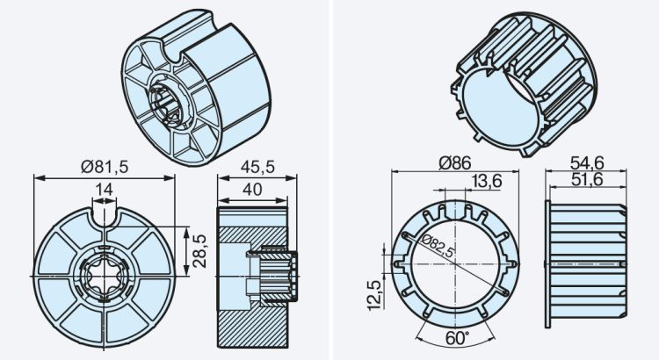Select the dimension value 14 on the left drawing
(x=105, y=188)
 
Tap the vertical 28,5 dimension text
(x=200, y=251)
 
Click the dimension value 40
(x=251, y=188)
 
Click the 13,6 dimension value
(x=488, y=181)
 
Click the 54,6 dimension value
(x=589, y=163)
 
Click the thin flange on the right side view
(x=548, y=264)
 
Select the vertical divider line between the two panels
(x=329, y=180)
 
